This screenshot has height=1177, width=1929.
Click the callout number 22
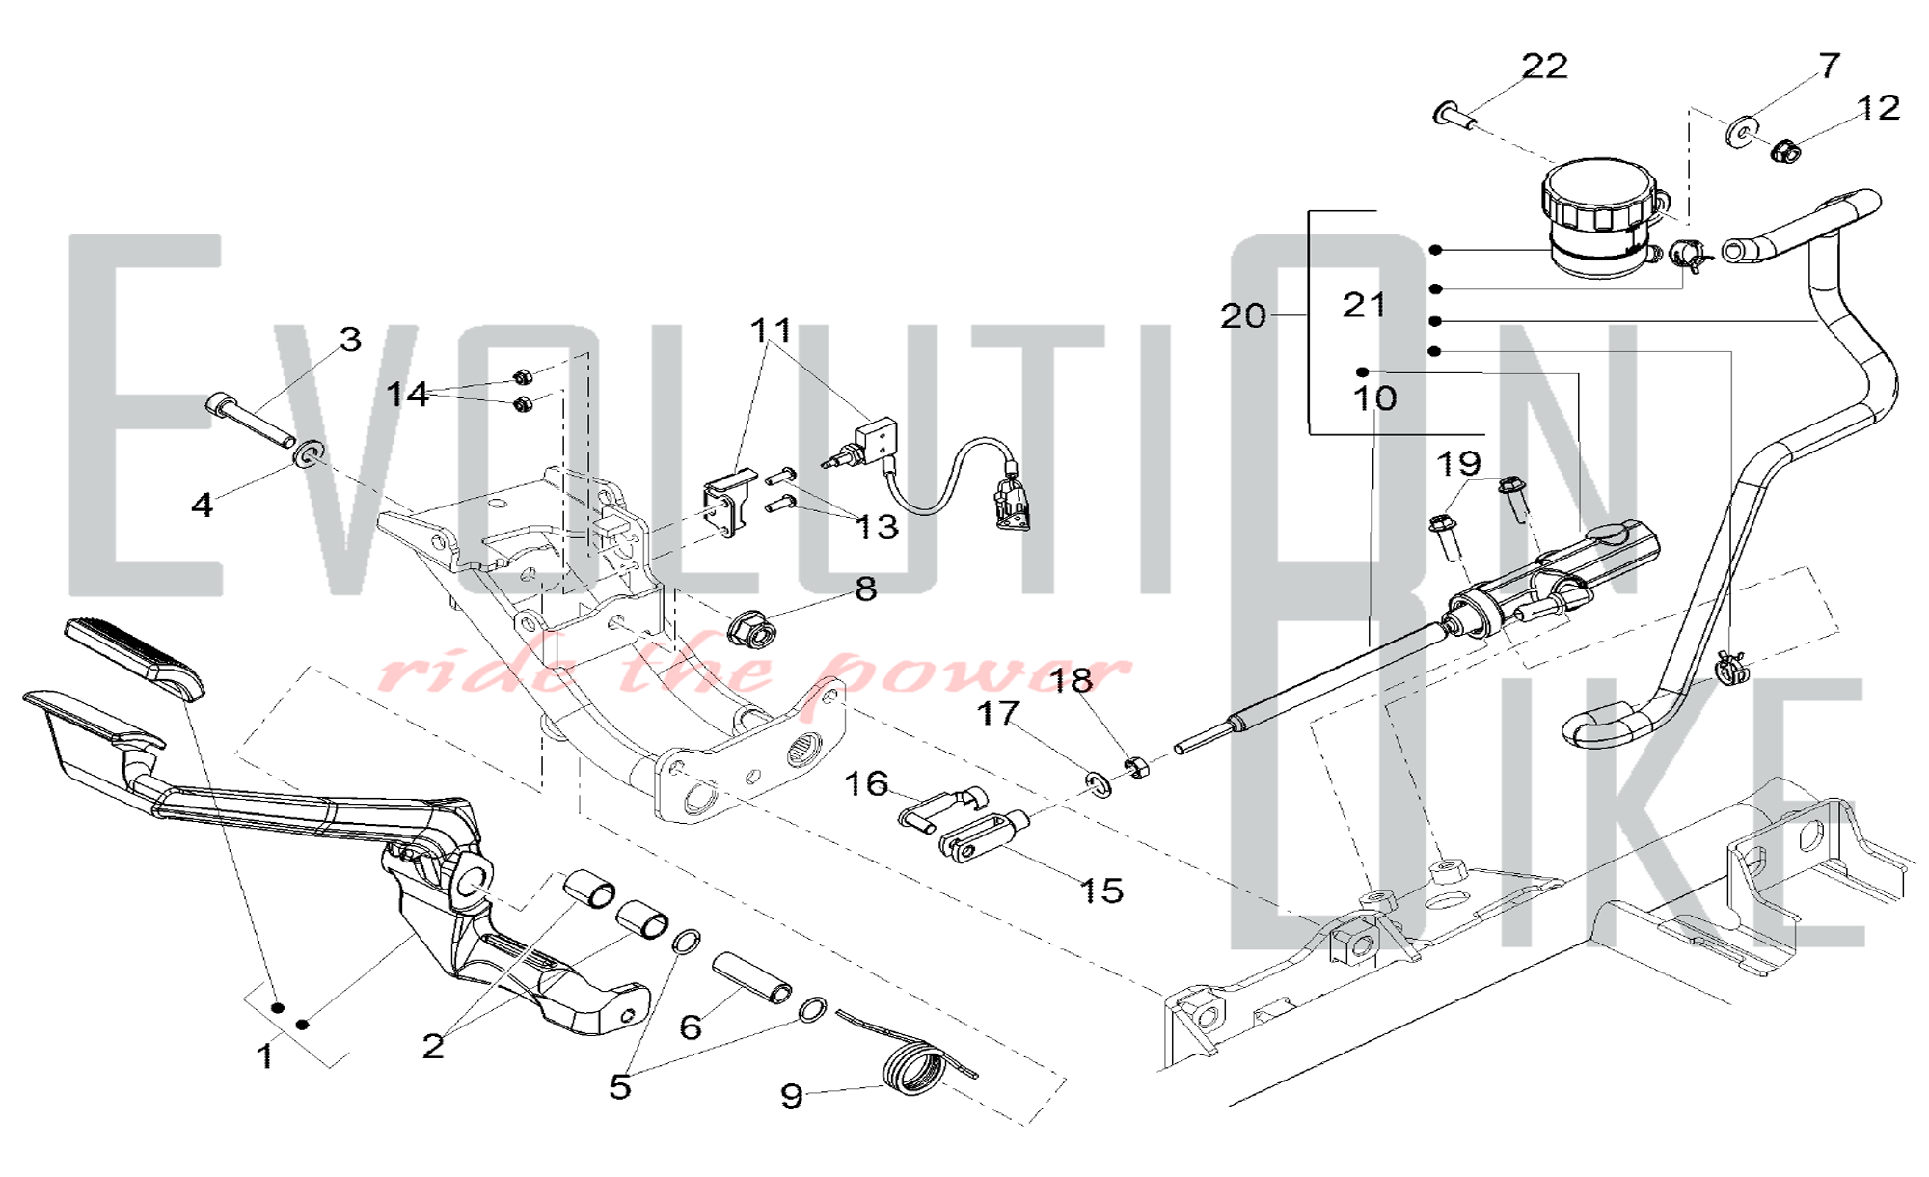[x=1544, y=66]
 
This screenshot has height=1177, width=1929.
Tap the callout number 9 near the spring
[x=791, y=1096]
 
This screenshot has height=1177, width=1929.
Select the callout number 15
[x=1101, y=890]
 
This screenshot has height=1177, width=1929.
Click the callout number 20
[x=1243, y=315]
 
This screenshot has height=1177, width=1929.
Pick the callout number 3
[x=350, y=339]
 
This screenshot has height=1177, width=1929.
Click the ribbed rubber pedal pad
[x=135, y=659]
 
